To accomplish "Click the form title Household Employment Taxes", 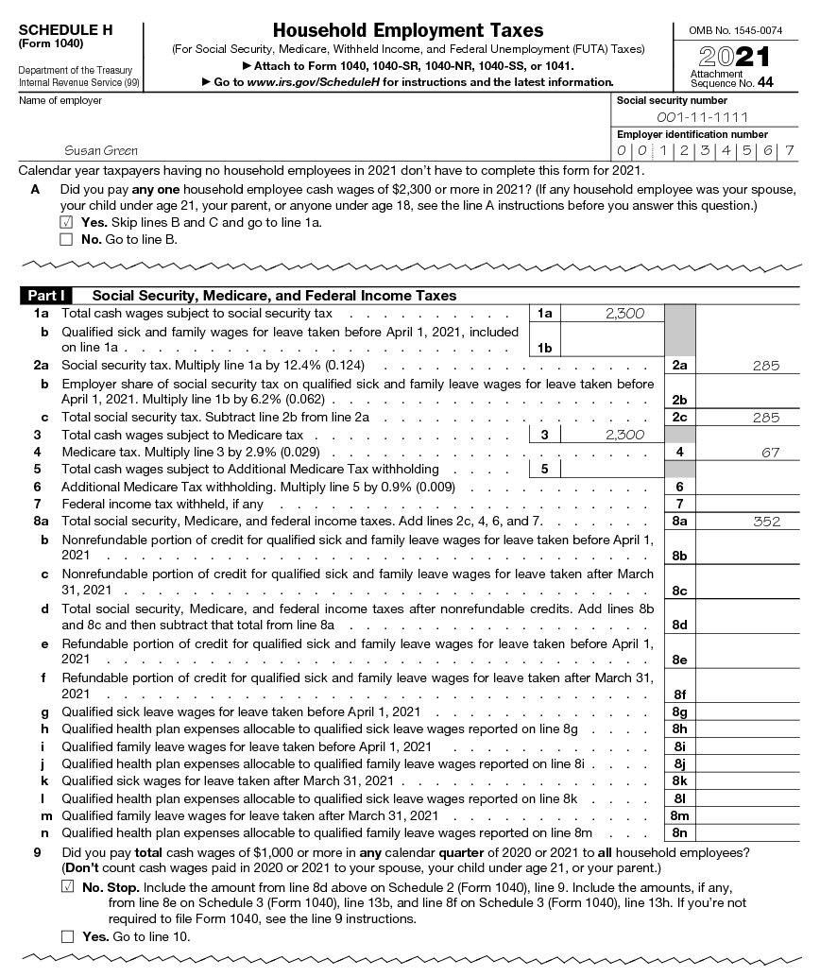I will [408, 31].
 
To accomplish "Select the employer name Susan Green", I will [100, 150].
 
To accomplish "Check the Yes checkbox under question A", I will [65, 222].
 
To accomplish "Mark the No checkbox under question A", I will [65, 239].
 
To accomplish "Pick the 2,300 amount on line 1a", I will [624, 314].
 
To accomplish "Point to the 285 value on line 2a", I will [766, 365].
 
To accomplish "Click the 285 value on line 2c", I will [766, 418].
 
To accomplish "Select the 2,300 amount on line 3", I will [624, 435].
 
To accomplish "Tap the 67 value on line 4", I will [770, 453].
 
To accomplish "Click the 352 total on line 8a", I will [766, 521].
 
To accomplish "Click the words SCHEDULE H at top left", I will [65, 30].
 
